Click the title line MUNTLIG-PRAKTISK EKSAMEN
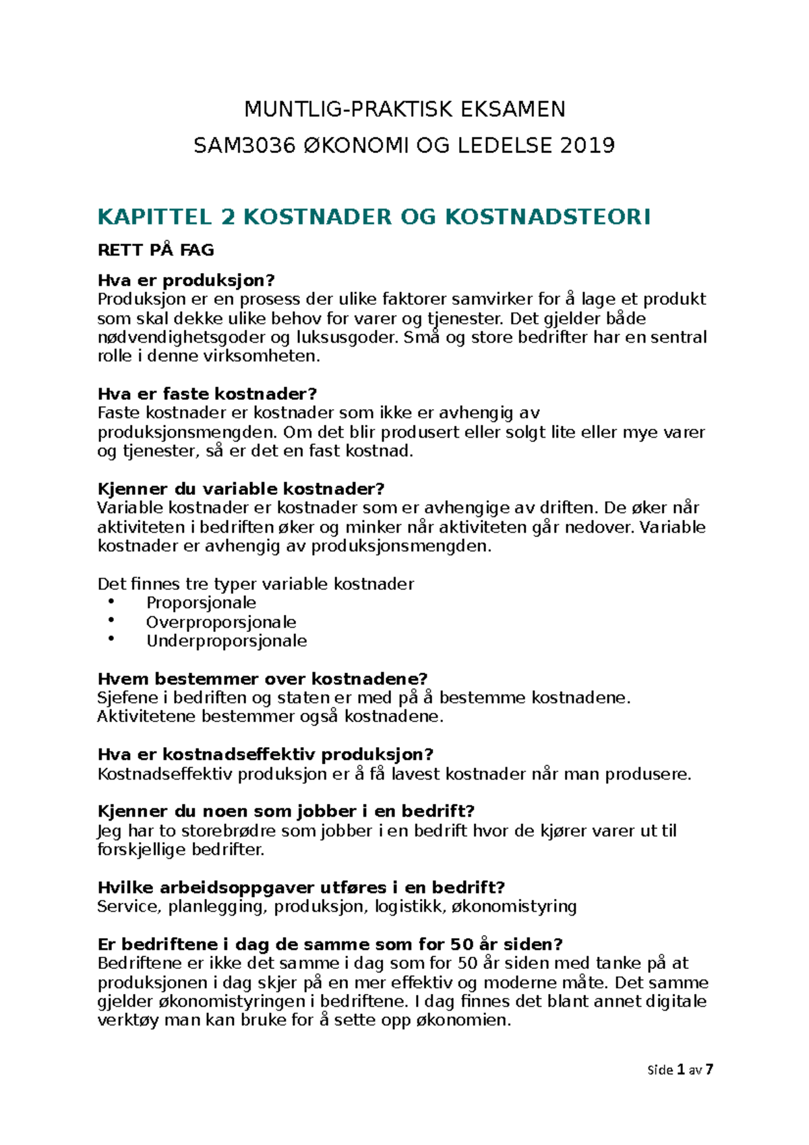click(404, 109)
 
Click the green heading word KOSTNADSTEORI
click(547, 217)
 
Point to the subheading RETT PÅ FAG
click(156, 250)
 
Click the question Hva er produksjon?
click(187, 281)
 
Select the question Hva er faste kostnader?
click(207, 394)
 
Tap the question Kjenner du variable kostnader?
click(241, 489)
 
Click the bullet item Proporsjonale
click(201, 603)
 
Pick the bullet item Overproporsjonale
click(221, 622)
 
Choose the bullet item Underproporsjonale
click(227, 641)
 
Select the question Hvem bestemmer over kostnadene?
click(263, 678)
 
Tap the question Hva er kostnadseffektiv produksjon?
click(265, 754)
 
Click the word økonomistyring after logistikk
click(514, 906)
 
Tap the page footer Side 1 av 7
click(680, 1069)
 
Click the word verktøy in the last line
click(128, 1020)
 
